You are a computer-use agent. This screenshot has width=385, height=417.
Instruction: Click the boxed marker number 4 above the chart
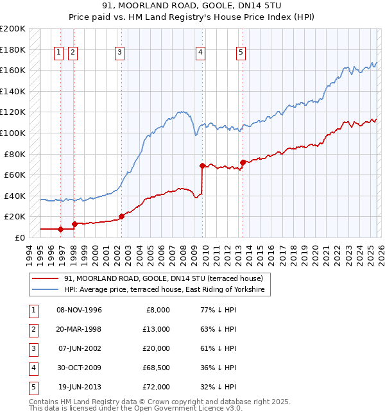pyautogui.click(x=201, y=53)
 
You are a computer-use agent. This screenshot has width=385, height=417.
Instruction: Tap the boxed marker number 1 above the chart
pyautogui.click(x=58, y=53)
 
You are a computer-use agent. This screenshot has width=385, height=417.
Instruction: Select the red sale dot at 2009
pyautogui.click(x=202, y=166)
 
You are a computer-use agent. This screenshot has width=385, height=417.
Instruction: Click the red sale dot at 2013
pyautogui.click(x=243, y=162)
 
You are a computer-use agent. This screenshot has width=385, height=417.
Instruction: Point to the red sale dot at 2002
pyautogui.click(x=121, y=216)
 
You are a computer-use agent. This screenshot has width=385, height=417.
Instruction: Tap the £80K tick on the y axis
pyautogui.click(x=15, y=154)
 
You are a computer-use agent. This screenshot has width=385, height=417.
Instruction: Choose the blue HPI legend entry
pyautogui.click(x=164, y=290)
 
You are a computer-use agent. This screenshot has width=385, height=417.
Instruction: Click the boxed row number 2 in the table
pyautogui.click(x=32, y=329)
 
